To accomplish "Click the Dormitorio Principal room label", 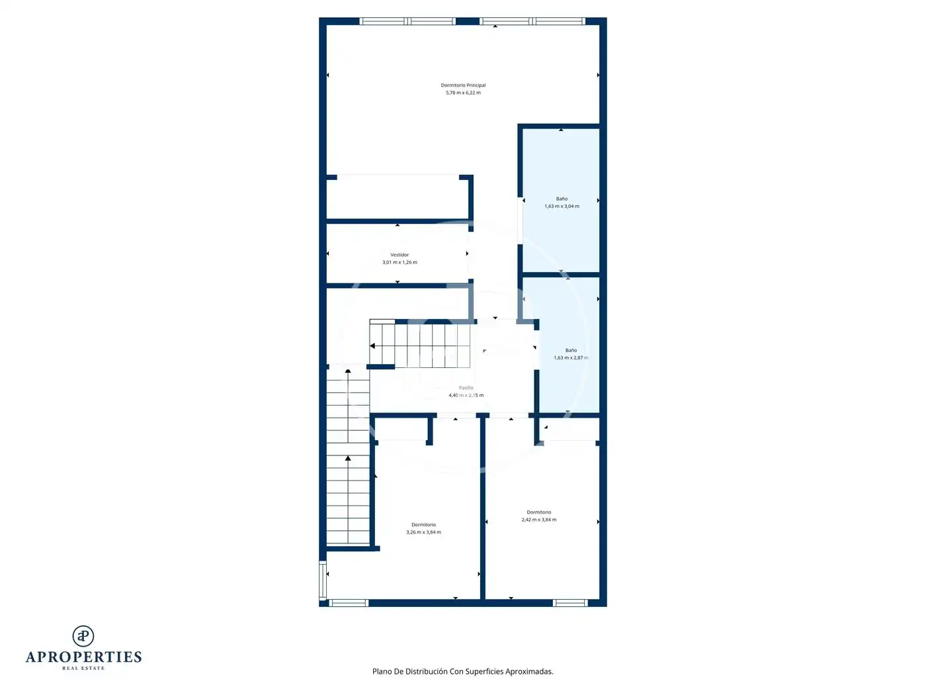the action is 463,85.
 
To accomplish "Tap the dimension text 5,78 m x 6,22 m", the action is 463,93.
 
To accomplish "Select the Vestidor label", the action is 399,255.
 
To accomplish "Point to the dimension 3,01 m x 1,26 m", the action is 399,263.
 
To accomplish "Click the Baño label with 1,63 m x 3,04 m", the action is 561,199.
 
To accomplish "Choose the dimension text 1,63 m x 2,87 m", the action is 570,358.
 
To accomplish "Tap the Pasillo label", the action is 466,388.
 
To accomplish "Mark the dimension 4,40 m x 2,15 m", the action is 466,395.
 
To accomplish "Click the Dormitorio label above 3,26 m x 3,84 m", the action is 423,525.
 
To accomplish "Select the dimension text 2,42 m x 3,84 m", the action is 538,520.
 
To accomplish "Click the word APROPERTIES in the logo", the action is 83,657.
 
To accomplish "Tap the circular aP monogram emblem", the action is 83,636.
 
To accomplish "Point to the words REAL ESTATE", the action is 83,668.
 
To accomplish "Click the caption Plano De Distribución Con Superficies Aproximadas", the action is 462,671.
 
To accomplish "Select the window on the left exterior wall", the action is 323,580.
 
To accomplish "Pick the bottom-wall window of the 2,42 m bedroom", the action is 569,603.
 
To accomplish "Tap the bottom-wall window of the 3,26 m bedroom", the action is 348,603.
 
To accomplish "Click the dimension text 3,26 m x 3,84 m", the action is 423,533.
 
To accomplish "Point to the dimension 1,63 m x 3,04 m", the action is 561,207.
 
